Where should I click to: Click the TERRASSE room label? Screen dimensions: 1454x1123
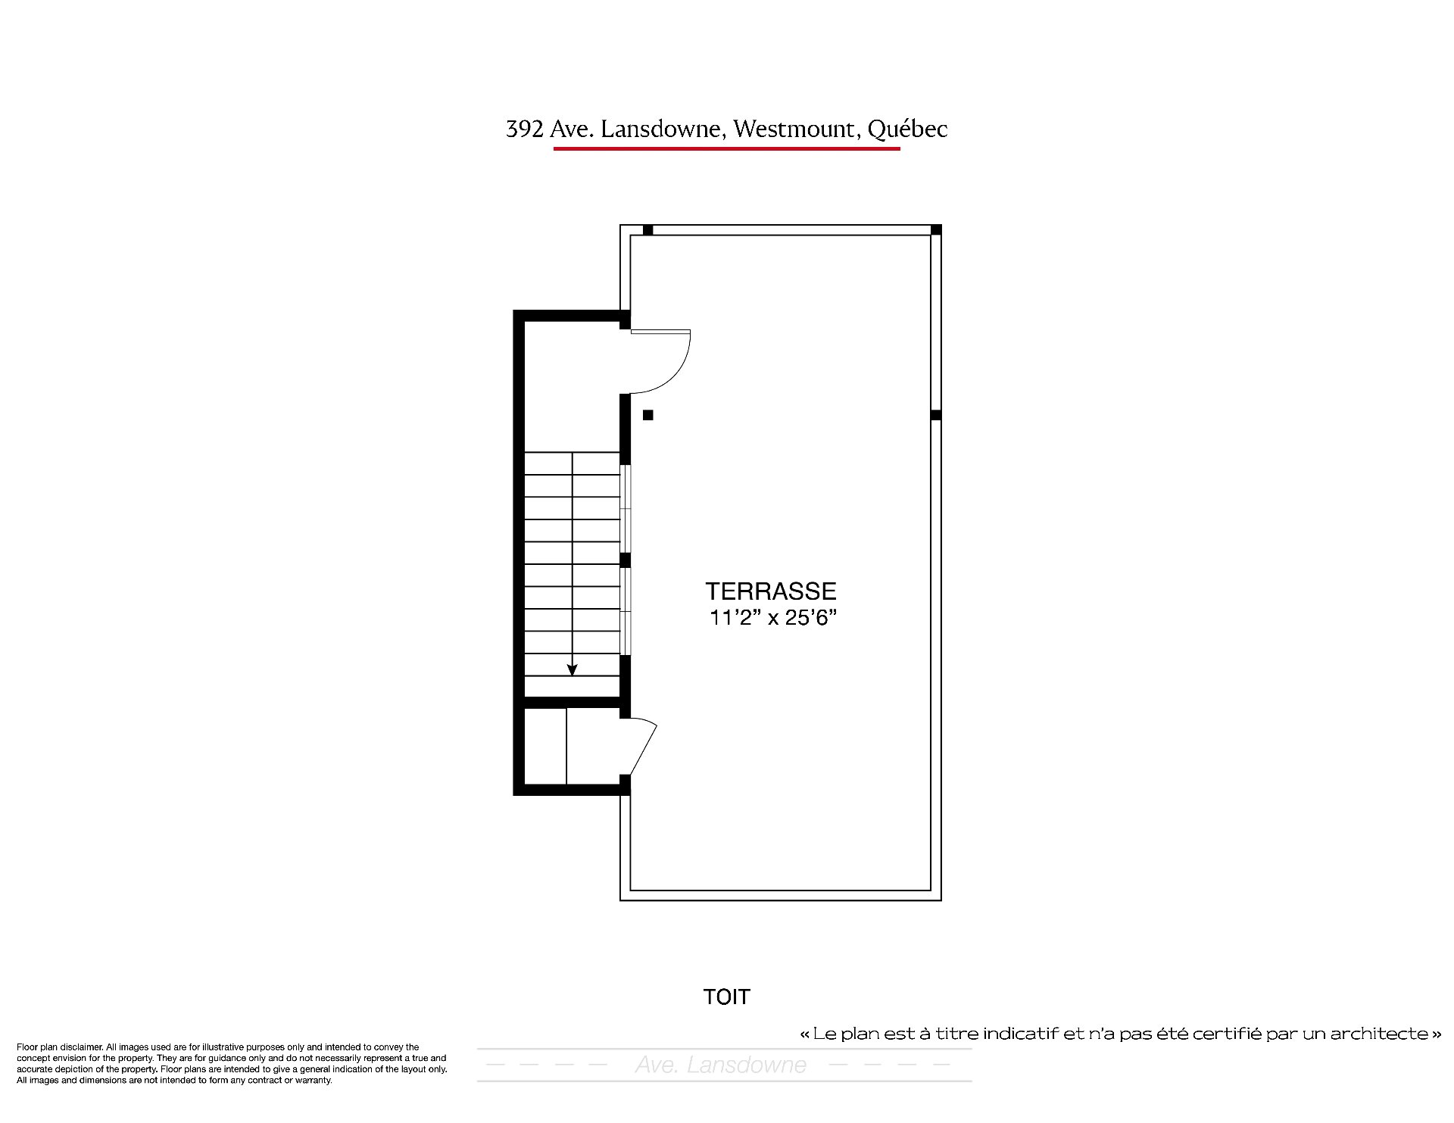click(x=771, y=591)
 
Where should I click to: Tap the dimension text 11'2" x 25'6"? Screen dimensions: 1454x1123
click(x=772, y=618)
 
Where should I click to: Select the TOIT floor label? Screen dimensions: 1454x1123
click(x=726, y=997)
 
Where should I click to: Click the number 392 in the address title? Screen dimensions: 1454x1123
click(x=525, y=129)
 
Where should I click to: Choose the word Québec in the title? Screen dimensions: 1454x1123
click(x=907, y=129)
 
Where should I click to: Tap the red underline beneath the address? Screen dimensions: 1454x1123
click(x=727, y=148)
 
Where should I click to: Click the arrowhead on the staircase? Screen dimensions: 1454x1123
click(x=573, y=669)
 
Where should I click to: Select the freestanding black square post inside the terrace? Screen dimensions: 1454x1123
click(x=648, y=415)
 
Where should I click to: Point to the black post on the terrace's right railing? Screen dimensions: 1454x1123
click(x=936, y=415)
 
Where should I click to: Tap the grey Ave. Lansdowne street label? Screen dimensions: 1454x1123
click(x=721, y=1065)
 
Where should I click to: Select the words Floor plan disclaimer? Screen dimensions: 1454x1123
click(x=59, y=1047)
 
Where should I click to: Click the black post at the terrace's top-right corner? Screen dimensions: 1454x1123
click(x=936, y=229)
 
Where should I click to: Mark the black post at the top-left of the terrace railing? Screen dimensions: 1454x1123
click(x=648, y=229)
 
